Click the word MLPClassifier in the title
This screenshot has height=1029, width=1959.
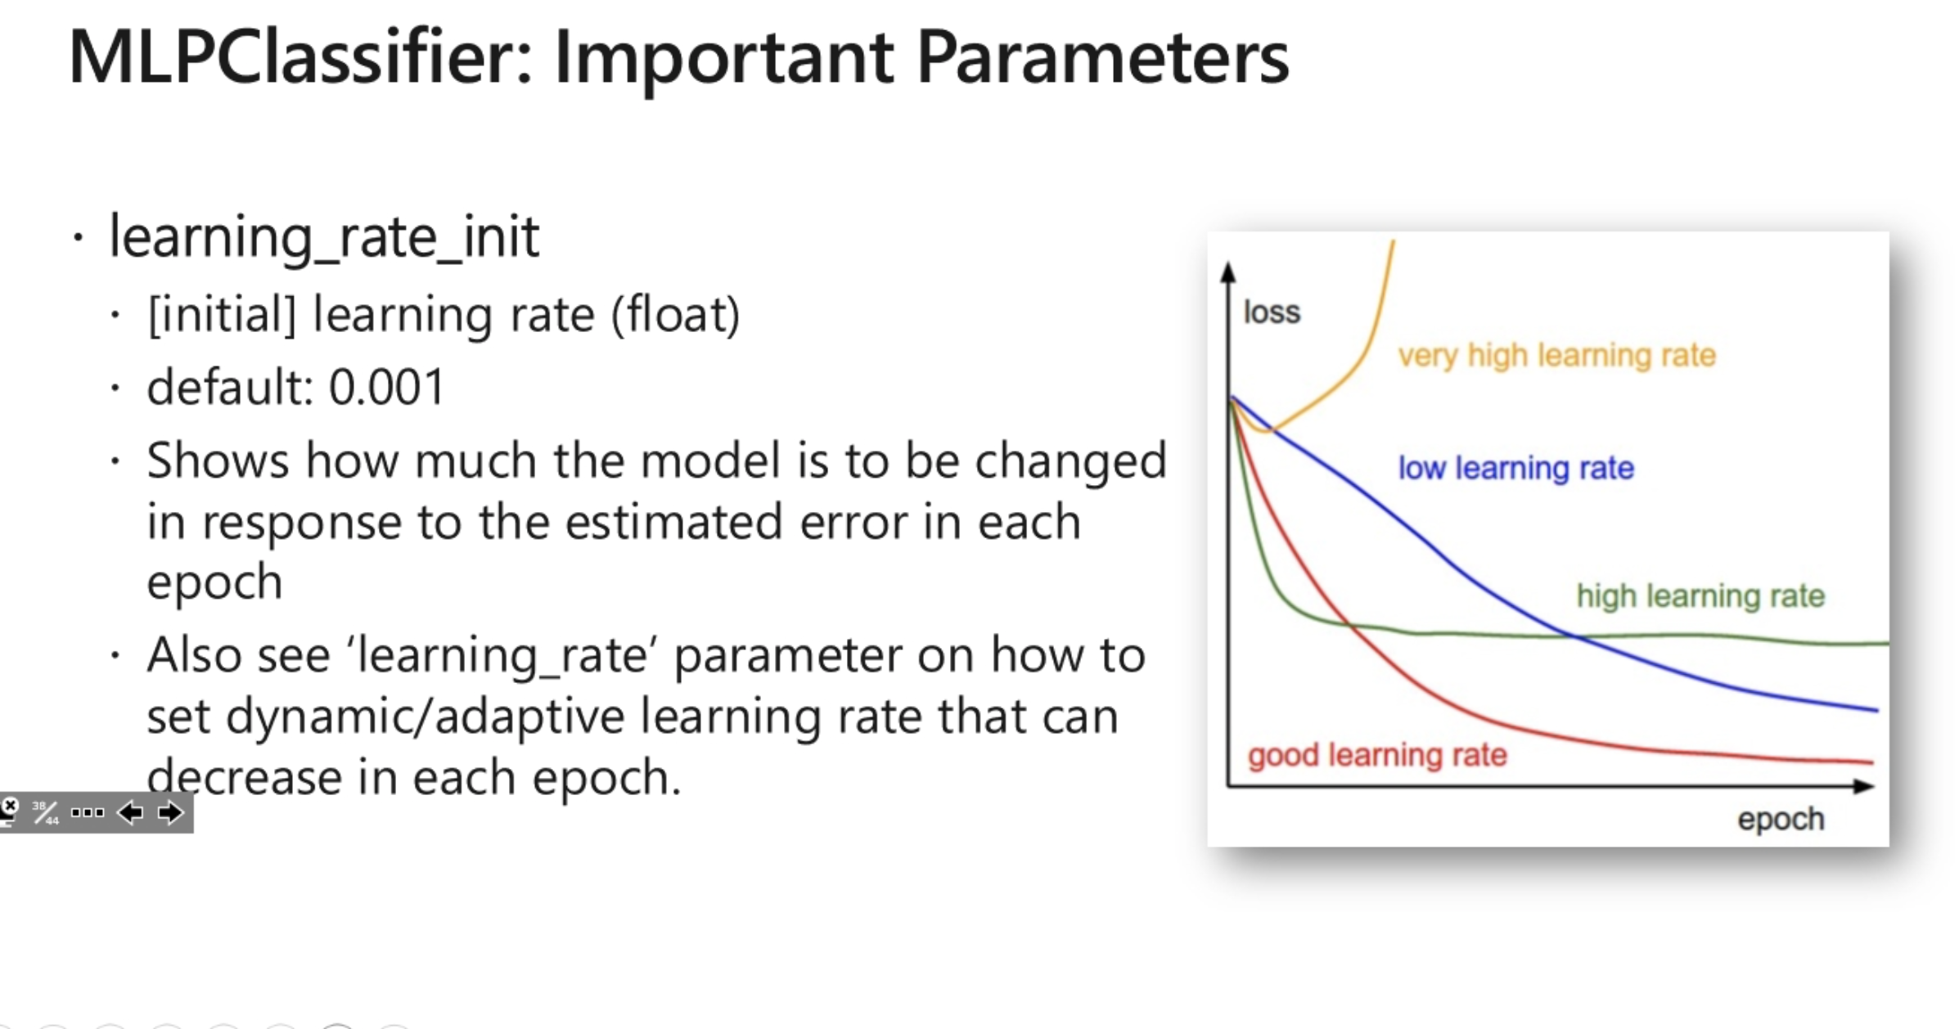tap(300, 56)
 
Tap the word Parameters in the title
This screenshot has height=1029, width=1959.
tap(1102, 56)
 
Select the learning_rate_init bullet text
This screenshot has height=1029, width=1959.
tap(324, 237)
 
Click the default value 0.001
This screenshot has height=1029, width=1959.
tap(386, 387)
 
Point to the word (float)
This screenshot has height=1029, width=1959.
tap(675, 315)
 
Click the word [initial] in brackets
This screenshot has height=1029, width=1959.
tap(222, 315)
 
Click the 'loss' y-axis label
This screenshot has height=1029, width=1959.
tap(1272, 312)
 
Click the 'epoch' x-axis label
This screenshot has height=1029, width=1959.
tap(1781, 819)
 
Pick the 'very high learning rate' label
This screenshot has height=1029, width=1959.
tap(1556, 356)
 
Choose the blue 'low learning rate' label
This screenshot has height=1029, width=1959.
tap(1515, 468)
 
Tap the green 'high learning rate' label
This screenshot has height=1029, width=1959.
tap(1700, 596)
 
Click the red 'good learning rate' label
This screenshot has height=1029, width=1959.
tap(1377, 755)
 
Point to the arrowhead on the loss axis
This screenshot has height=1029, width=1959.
tap(1227, 272)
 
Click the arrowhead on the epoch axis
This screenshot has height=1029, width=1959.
tap(1863, 786)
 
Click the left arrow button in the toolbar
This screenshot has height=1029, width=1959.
tap(130, 812)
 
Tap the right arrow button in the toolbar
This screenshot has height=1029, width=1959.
tap(170, 812)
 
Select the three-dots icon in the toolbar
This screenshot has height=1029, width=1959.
tap(88, 812)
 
